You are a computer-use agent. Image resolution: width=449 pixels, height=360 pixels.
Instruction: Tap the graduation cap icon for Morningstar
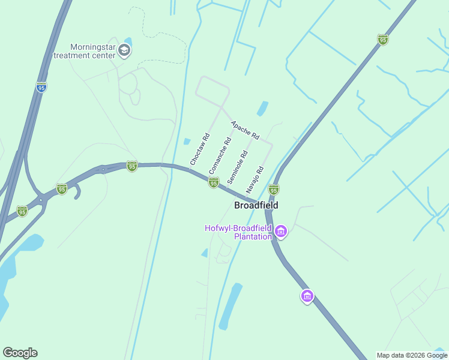(125, 50)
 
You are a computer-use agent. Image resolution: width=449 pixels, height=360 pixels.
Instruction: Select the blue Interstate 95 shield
(41, 88)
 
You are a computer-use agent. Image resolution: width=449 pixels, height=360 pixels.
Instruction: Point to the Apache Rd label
(245, 130)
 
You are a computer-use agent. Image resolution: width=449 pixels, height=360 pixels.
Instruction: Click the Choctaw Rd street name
(199, 149)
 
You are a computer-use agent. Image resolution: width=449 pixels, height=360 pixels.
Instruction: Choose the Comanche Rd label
(220, 156)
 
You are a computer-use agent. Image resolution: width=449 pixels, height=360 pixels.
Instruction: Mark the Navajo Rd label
(255, 179)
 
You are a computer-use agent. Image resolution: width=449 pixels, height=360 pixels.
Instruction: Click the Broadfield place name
(256, 205)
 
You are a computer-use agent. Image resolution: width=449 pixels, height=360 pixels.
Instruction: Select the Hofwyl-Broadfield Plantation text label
(238, 232)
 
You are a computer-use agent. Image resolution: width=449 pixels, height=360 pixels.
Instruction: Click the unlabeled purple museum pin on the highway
(307, 296)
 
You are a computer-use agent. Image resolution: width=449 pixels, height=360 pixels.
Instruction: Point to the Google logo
(20, 353)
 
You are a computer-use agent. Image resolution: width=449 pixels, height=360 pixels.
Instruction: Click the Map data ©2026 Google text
(411, 355)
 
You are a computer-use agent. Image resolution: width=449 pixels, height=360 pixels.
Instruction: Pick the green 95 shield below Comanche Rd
(214, 182)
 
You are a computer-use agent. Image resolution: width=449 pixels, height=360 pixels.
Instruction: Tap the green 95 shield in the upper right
(382, 40)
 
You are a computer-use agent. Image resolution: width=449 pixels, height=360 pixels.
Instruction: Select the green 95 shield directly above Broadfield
(274, 190)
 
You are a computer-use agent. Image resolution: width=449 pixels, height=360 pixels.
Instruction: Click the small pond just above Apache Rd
(262, 109)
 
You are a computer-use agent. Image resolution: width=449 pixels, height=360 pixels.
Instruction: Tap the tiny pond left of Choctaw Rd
(187, 142)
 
